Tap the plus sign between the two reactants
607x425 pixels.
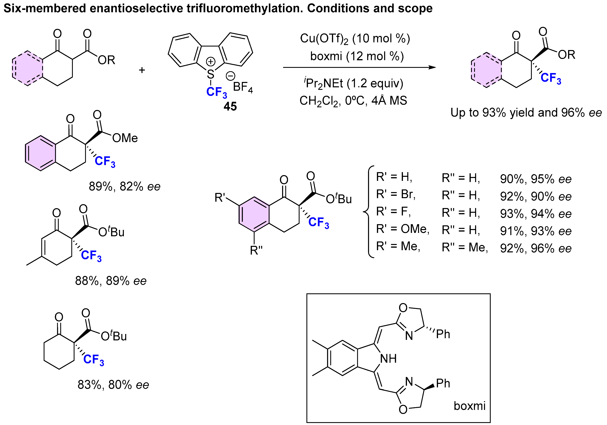click(x=142, y=70)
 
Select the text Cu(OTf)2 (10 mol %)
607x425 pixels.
click(x=355, y=39)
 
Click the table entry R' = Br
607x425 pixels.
click(x=396, y=194)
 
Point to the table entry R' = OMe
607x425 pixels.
click(x=402, y=229)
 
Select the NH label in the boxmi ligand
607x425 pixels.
click(x=388, y=359)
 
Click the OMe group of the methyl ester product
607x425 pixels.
click(x=125, y=138)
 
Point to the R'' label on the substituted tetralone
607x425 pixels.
click(x=256, y=250)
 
